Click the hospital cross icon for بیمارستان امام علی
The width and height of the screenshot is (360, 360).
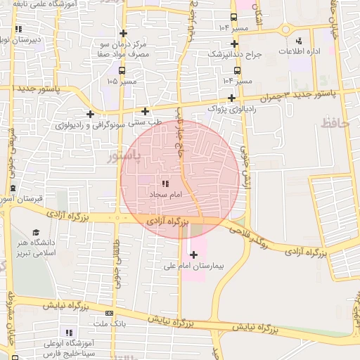[193, 254]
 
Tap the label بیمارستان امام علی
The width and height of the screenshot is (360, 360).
[191, 266]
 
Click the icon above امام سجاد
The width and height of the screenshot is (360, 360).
[165, 182]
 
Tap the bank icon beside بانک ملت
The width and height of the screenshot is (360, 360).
[109, 313]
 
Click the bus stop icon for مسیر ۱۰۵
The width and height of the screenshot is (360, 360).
[122, 71]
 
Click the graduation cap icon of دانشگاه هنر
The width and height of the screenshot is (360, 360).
[35, 233]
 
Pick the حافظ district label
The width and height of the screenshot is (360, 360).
[335, 123]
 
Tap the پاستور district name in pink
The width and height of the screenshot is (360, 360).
[123, 155]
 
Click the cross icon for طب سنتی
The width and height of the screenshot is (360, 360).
[145, 111]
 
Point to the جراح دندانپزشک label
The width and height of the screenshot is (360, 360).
[236, 53]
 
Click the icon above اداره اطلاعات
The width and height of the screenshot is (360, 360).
[300, 41]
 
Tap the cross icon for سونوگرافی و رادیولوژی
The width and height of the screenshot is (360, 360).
[90, 114]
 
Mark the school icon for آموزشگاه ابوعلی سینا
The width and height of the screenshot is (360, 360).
[69, 332]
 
